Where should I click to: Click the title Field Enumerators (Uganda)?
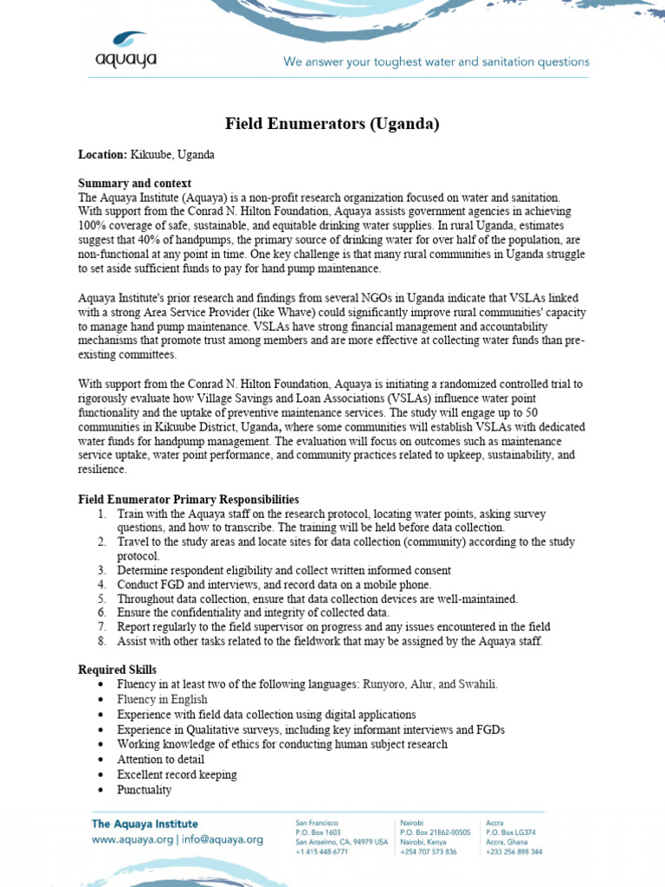pyautogui.click(x=332, y=124)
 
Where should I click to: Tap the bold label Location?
pyautogui.click(x=102, y=154)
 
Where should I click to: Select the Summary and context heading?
pyautogui.click(x=134, y=184)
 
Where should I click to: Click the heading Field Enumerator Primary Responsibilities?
pyautogui.click(x=188, y=500)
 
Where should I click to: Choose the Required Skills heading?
pyautogui.click(x=117, y=670)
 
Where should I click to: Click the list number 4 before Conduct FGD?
pyautogui.click(x=101, y=585)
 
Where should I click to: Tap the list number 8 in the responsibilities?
pyautogui.click(x=101, y=641)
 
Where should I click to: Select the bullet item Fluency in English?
pyautogui.click(x=162, y=699)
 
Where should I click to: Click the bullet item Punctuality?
pyautogui.click(x=144, y=789)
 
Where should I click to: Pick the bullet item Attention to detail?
pyautogui.click(x=160, y=759)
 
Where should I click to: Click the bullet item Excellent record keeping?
pyautogui.click(x=177, y=774)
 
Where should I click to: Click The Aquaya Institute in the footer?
pyautogui.click(x=145, y=824)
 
